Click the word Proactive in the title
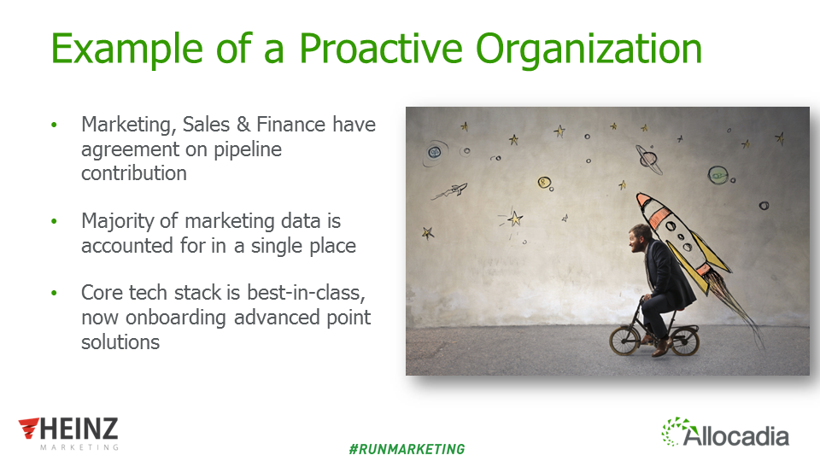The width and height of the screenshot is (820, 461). pos(380,48)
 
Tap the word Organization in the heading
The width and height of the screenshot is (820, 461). pos(589,50)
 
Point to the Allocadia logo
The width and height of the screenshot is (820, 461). pos(725,432)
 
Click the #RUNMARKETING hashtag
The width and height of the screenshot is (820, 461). pos(407,449)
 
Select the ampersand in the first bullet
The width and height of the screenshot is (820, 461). pos(243,125)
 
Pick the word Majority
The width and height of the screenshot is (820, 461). pos(118,222)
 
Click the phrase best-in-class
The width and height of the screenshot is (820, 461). pos(306,293)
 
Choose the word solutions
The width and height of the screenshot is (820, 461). pos(120,341)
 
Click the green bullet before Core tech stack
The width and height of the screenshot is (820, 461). pos(54,293)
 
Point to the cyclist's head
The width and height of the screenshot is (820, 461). pos(639,238)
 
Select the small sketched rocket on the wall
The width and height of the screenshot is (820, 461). pos(450,191)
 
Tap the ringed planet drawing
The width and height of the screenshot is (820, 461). pos(648,159)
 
